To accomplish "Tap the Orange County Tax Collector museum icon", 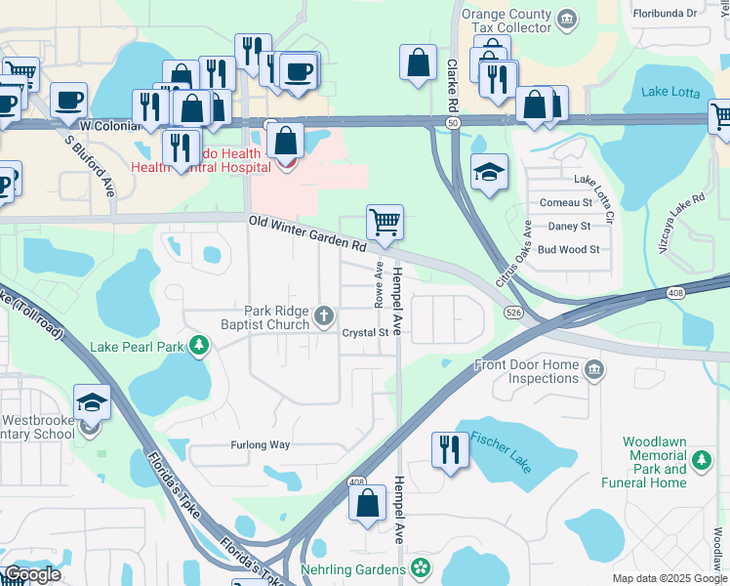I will point(567,19).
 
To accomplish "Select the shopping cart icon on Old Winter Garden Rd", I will point(385,222).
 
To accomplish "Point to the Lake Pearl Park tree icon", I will point(199,346).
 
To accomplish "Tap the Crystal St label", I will point(365,333).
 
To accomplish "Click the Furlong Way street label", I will point(261,445).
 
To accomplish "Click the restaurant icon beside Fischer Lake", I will point(448,449).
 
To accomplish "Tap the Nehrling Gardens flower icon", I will point(421,567).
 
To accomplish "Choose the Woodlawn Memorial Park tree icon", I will point(700,459).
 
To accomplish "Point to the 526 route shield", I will point(513,312).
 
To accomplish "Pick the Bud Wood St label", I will point(568,250).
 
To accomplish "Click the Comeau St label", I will point(567,203).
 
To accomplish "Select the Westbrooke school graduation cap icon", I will point(91,402).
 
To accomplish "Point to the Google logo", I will point(32,574).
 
